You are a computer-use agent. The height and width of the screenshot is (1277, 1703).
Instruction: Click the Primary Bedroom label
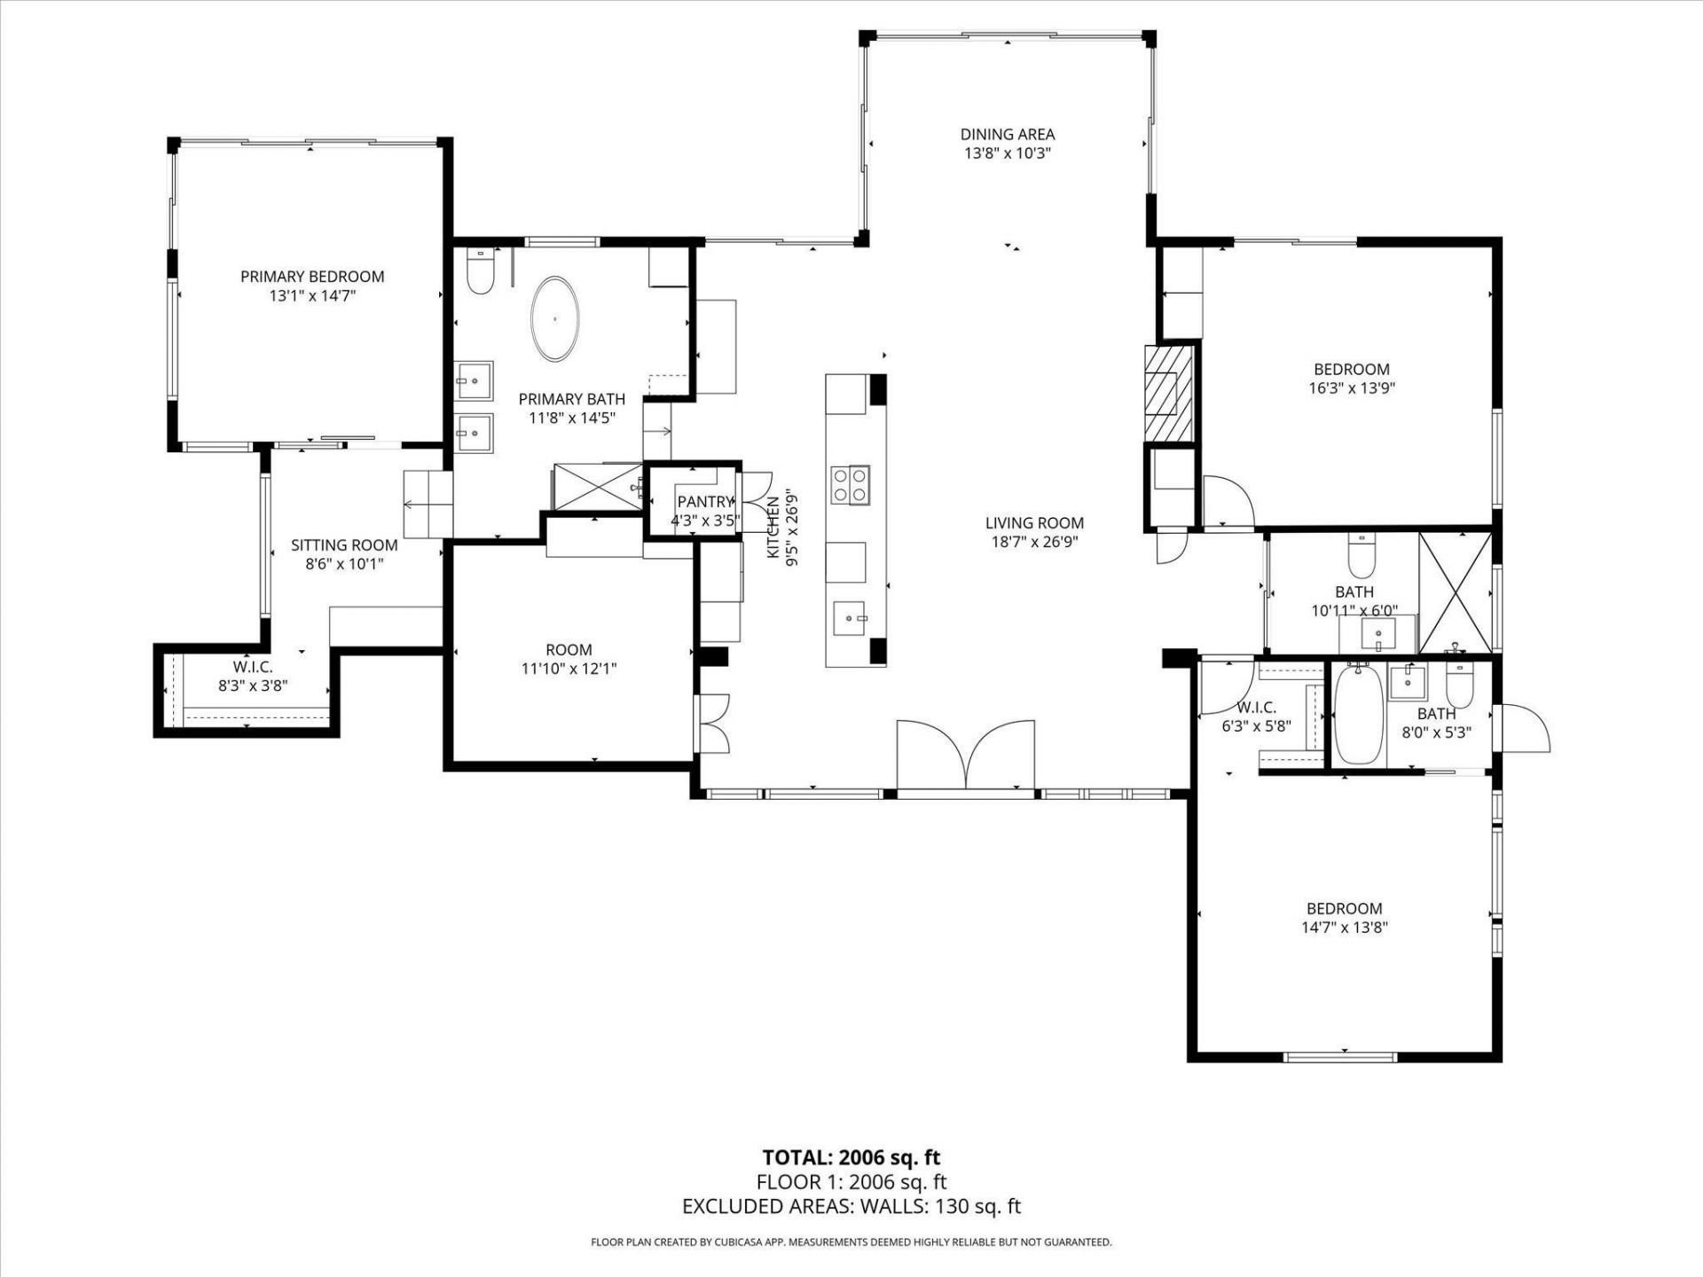click(x=312, y=277)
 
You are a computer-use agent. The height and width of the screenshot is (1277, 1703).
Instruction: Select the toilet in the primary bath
click(x=480, y=271)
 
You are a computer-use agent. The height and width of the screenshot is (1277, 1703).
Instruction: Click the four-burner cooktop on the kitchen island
click(x=850, y=485)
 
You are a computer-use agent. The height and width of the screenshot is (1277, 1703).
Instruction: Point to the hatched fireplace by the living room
click(x=1167, y=393)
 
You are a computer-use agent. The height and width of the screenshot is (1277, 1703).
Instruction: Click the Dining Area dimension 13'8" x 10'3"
click(x=1008, y=153)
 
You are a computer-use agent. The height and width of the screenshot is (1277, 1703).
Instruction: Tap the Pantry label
click(x=705, y=502)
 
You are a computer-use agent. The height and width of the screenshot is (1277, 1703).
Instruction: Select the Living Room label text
click(x=1034, y=523)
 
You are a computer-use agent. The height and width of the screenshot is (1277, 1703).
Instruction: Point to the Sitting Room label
click(x=344, y=544)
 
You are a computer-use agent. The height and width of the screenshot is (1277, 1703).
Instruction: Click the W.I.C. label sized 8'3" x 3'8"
click(x=253, y=667)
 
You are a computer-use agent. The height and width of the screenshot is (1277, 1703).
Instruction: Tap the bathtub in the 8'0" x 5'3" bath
click(x=1358, y=716)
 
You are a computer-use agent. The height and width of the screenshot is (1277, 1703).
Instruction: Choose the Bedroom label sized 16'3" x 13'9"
click(x=1351, y=369)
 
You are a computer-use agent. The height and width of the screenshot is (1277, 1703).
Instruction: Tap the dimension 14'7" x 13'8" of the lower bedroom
click(x=1344, y=928)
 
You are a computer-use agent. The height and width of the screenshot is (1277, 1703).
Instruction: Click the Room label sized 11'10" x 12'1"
click(x=569, y=649)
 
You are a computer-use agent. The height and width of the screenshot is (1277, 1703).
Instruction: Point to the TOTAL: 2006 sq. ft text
click(x=851, y=1157)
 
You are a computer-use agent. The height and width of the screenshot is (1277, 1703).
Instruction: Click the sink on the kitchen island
click(x=850, y=616)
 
